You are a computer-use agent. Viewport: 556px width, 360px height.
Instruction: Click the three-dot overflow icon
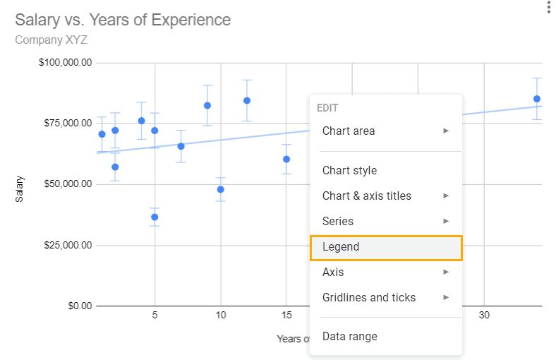click(x=548, y=8)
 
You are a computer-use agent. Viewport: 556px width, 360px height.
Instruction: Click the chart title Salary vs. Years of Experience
click(x=123, y=20)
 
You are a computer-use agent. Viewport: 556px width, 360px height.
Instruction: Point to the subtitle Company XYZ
click(x=52, y=40)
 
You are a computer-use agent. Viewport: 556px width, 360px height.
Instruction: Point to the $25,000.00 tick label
click(x=66, y=245)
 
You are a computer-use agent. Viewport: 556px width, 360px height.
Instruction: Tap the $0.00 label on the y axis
click(x=75, y=306)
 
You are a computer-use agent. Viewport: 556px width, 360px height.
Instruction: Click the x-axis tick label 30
click(x=484, y=316)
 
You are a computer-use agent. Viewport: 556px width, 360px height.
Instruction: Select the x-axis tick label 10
click(x=221, y=316)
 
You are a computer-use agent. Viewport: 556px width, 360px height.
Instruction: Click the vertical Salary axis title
click(x=20, y=189)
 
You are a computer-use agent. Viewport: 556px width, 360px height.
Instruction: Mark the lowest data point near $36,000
click(x=155, y=217)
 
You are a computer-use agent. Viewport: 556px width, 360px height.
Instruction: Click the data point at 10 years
click(x=221, y=189)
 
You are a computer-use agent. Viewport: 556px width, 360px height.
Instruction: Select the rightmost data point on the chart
click(x=537, y=99)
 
